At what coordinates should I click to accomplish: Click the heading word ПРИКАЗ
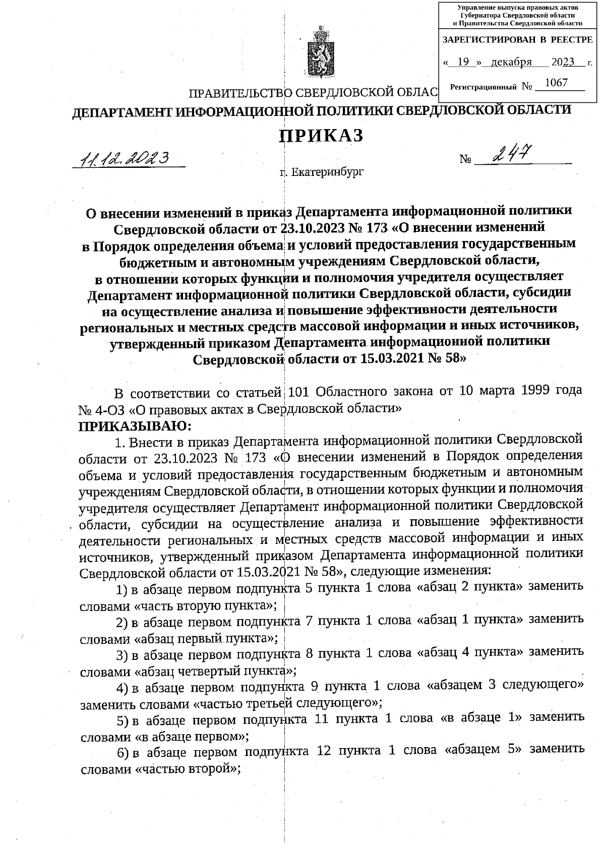tap(321, 136)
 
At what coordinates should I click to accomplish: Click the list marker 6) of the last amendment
tap(123, 752)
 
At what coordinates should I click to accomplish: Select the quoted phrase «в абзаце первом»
tap(192, 737)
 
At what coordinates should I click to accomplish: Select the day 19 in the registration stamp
tap(465, 62)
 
